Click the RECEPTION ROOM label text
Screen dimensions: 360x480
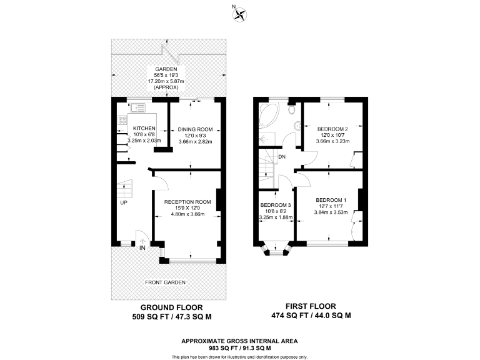point(187,202)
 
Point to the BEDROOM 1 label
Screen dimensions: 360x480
point(331,200)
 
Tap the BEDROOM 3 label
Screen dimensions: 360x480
point(276,205)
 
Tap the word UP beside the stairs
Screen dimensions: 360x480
point(124,203)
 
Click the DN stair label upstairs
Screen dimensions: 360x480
point(282,157)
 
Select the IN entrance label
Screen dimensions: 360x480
point(142,248)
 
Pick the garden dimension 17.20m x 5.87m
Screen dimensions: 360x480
point(167,81)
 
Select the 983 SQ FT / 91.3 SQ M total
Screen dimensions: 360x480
point(239,347)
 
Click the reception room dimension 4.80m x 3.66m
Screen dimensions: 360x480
point(187,214)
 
